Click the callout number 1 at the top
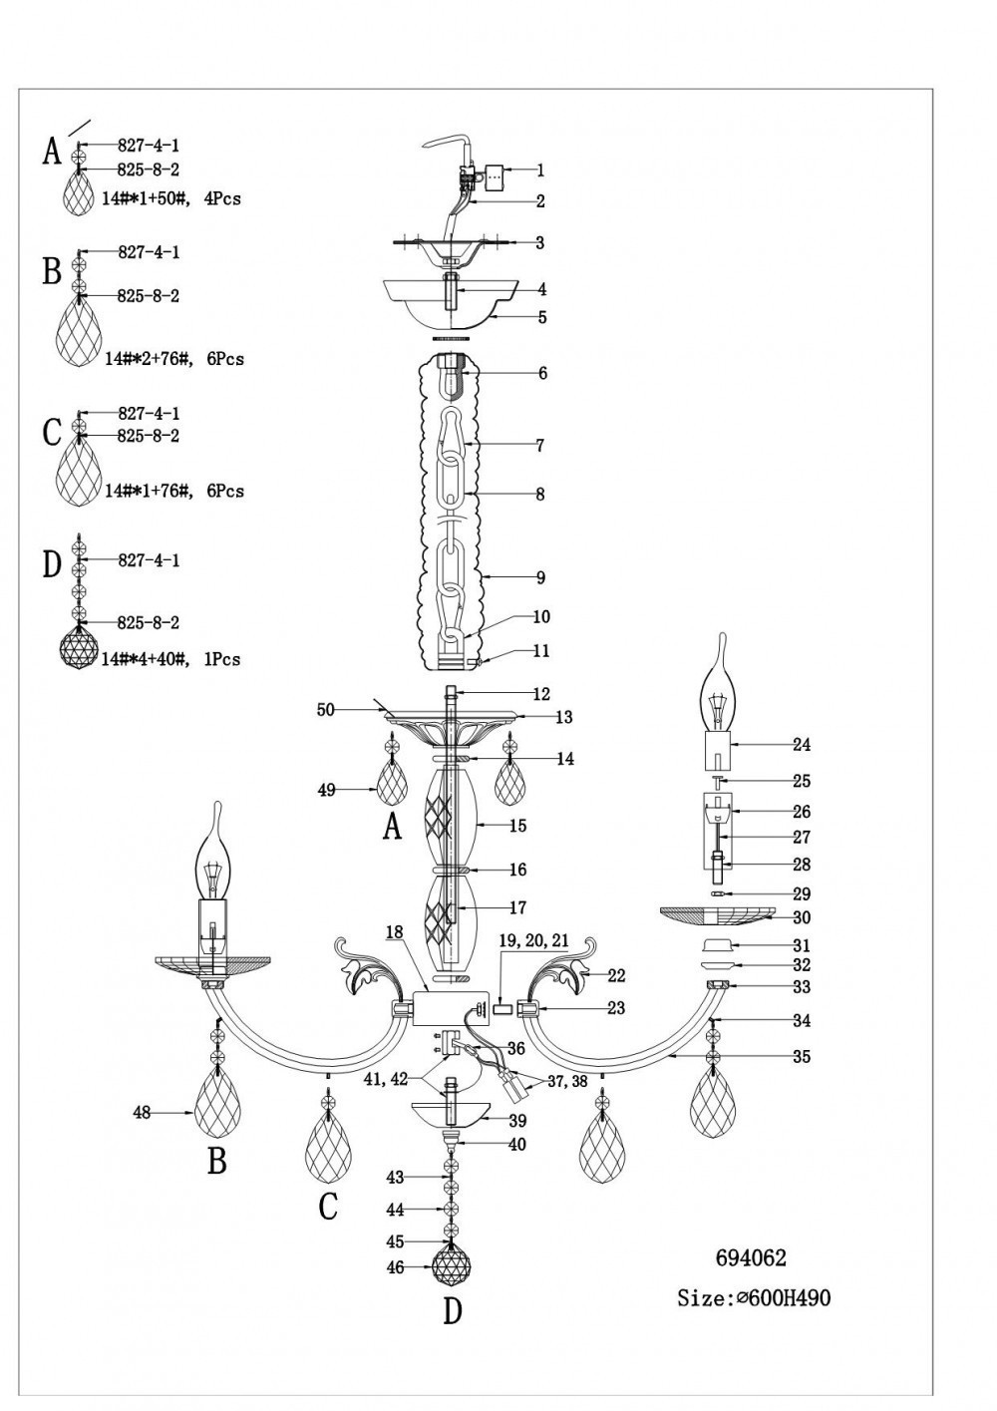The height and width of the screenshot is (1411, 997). tap(540, 171)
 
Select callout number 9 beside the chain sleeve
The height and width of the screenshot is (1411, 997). tap(540, 577)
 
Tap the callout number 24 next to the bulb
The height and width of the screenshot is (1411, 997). tap(802, 745)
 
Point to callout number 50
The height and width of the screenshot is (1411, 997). tap(325, 709)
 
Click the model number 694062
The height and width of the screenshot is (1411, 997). tap(751, 1258)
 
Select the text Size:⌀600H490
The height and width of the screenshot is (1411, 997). tap(753, 1298)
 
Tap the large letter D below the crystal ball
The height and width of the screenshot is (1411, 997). tap(453, 1311)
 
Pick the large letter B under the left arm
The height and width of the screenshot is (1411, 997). tap(216, 1161)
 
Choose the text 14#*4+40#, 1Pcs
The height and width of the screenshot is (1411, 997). tap(170, 659)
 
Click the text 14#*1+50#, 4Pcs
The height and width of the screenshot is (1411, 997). tap(171, 198)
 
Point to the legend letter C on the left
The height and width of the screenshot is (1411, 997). tap(53, 433)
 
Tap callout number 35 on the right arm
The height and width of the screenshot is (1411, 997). tap(802, 1057)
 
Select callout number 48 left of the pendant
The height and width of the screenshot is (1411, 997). tap(143, 1113)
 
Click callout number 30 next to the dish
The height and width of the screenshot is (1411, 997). tap(802, 918)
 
